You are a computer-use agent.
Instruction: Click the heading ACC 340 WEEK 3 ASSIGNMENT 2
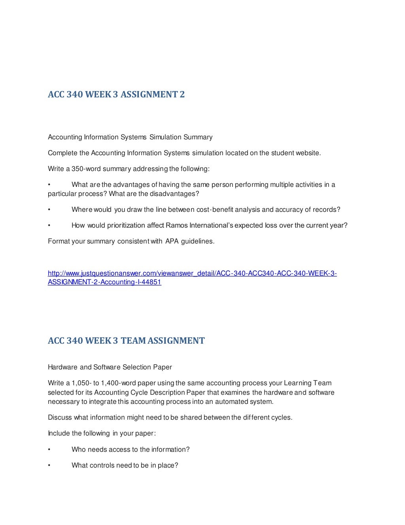(x=116, y=95)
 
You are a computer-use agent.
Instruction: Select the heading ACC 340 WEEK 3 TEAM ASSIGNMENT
(x=126, y=341)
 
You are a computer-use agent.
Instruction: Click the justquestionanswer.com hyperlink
(x=192, y=278)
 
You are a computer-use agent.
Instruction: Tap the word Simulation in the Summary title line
(x=165, y=137)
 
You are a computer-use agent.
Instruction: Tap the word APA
(x=172, y=242)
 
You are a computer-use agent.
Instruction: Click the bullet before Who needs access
(x=49, y=450)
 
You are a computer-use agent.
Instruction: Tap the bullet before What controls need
(x=49, y=466)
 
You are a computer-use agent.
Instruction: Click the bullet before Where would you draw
(x=49, y=210)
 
